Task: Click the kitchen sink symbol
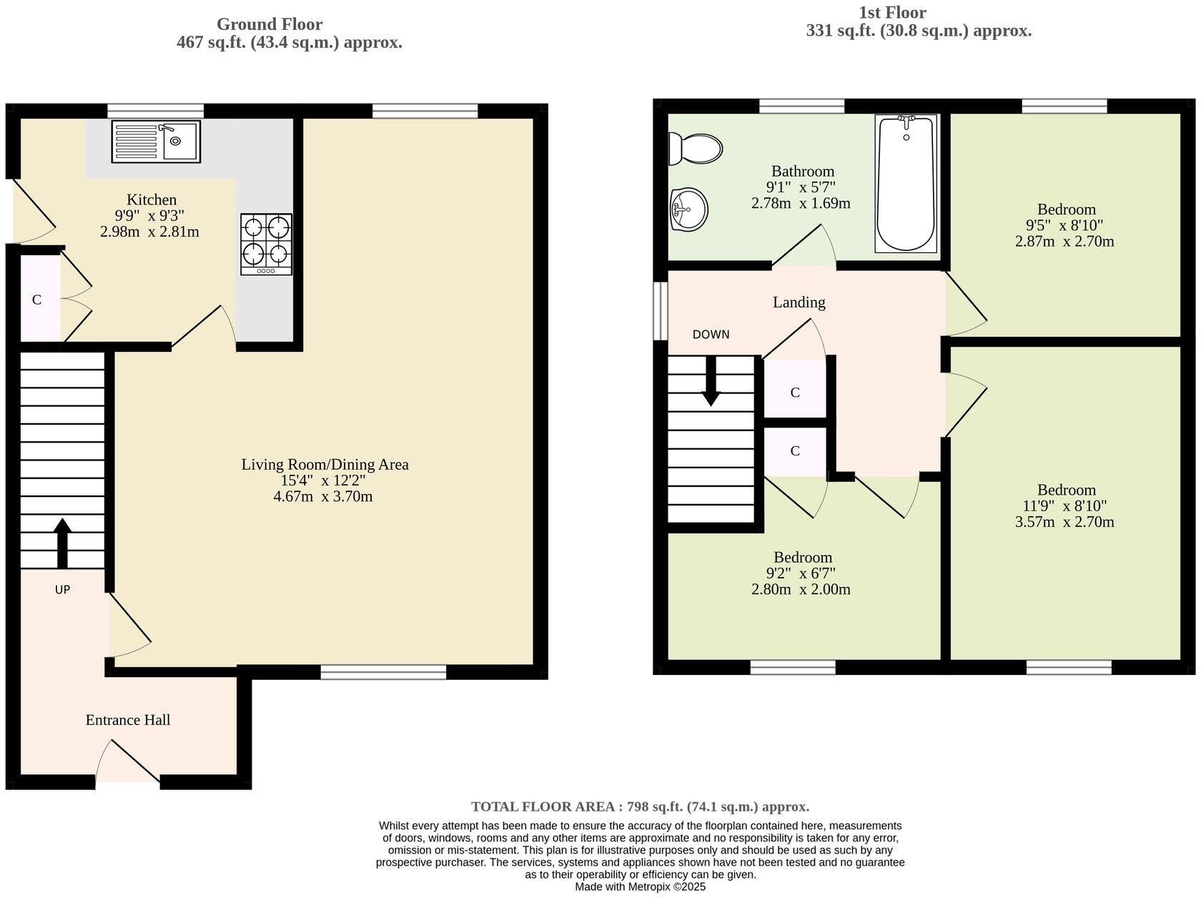(x=156, y=141)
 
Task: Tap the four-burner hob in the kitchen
(x=266, y=244)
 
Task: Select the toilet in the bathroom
(x=695, y=149)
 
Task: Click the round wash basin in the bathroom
(x=689, y=209)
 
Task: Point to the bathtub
(x=906, y=184)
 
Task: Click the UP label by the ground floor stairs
(x=62, y=590)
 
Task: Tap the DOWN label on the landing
(x=711, y=335)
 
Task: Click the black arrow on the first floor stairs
(x=711, y=381)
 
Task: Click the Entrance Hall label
(x=128, y=720)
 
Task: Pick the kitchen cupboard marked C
(x=37, y=300)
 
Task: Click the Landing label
(x=799, y=302)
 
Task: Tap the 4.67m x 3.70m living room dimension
(x=323, y=496)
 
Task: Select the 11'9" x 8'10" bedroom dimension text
(x=1065, y=506)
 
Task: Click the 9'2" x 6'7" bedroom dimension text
(x=801, y=573)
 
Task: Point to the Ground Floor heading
(x=270, y=24)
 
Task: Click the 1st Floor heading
(x=892, y=13)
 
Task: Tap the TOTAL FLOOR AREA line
(x=640, y=806)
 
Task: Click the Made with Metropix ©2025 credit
(x=640, y=887)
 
